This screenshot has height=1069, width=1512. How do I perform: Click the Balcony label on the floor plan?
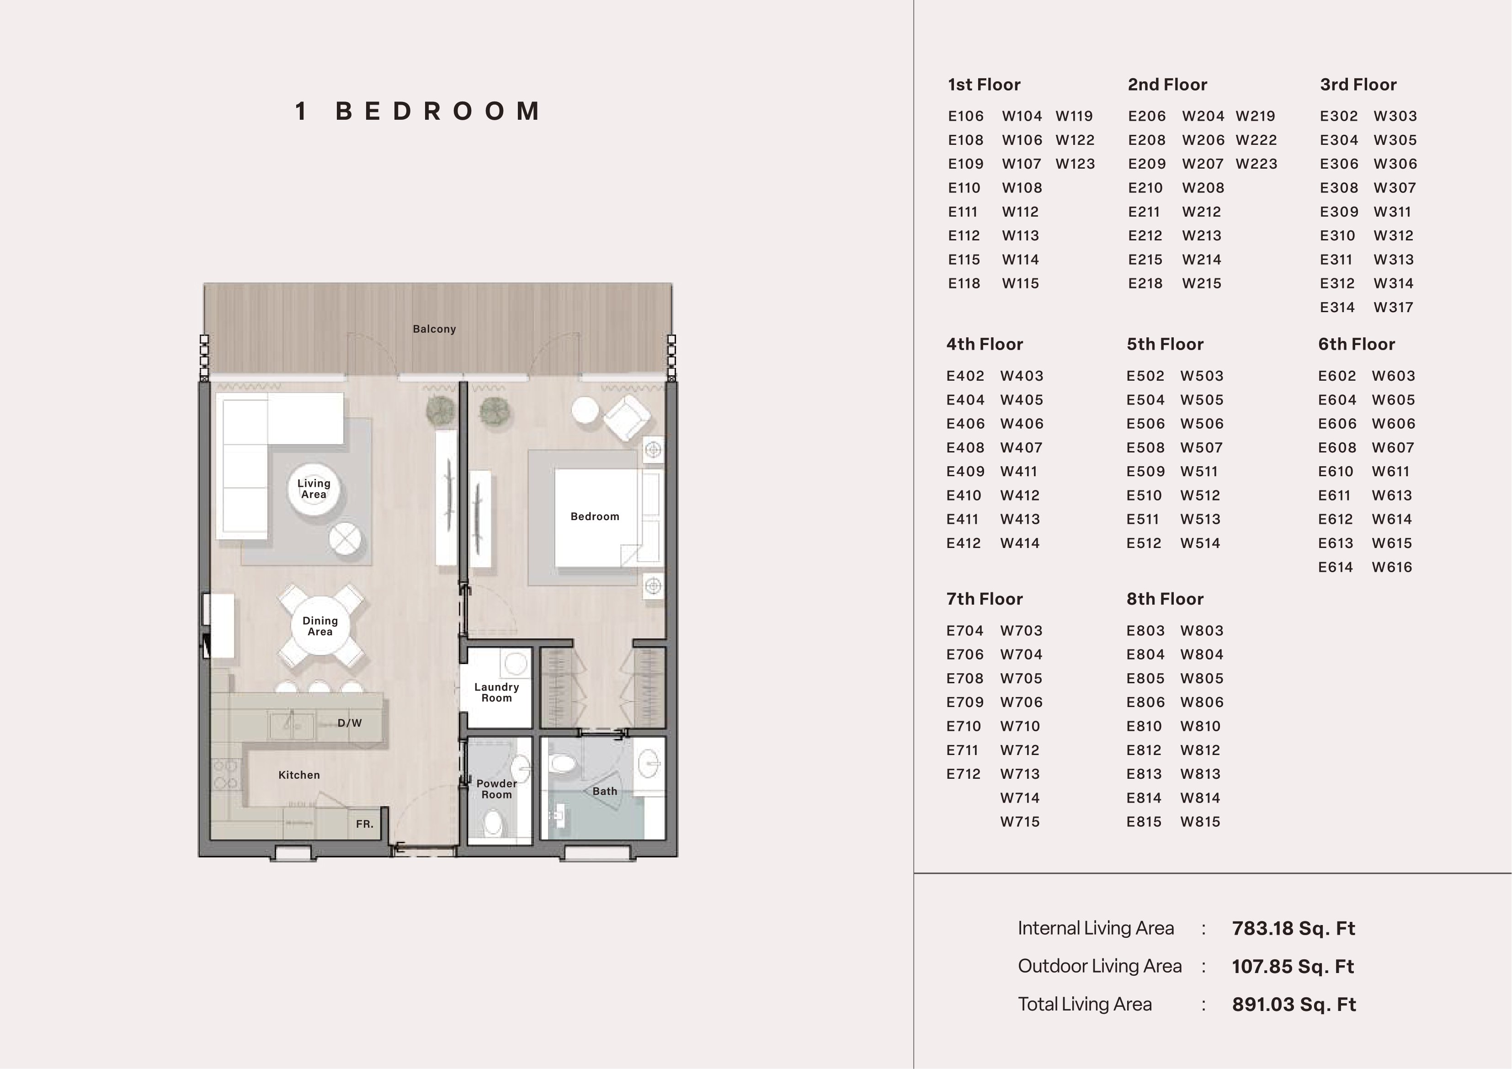coord(434,329)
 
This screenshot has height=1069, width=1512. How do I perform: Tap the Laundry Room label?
coord(496,692)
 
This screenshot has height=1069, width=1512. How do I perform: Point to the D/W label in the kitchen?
coord(350,723)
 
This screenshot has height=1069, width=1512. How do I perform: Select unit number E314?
coord(1337,308)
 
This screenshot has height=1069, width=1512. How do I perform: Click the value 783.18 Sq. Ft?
coord(1294,929)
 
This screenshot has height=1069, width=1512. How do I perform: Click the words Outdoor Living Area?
coord(1100,966)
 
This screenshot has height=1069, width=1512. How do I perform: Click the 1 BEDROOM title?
coord(418,112)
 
